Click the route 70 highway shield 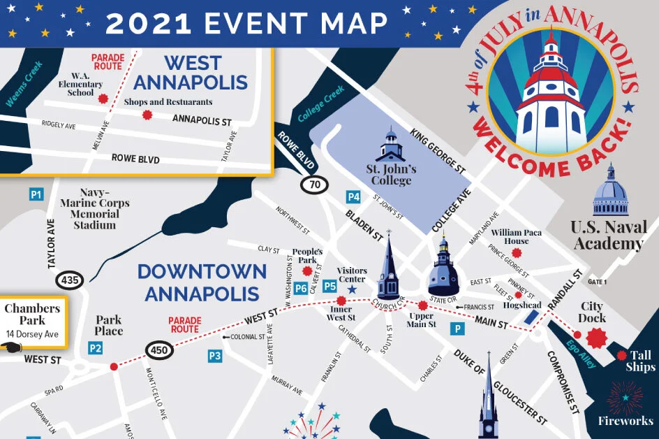[314, 185]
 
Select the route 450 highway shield [158, 350]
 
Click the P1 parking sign [36, 194]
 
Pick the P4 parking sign [354, 197]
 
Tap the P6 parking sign [301, 288]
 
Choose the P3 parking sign [215, 357]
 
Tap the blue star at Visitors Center [352, 289]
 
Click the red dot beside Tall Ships [622, 355]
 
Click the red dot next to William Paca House [536, 241]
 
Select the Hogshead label [522, 305]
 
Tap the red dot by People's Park [307, 270]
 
